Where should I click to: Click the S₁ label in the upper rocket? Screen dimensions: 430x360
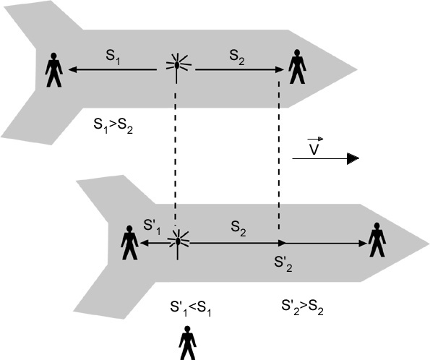(x=113, y=57)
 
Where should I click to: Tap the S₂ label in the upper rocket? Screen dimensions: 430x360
(x=237, y=57)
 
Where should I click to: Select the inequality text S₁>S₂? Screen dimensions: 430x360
(x=113, y=126)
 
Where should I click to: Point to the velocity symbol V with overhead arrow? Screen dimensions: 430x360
(x=314, y=146)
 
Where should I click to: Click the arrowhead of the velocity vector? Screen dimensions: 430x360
(x=353, y=158)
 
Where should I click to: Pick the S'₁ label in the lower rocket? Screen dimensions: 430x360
(x=152, y=227)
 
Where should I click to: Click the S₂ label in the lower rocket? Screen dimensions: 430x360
(x=238, y=229)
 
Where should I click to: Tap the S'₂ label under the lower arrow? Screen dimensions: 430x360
(x=283, y=265)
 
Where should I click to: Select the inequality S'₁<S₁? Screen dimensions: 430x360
(x=191, y=309)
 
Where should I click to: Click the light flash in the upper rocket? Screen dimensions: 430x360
(x=177, y=68)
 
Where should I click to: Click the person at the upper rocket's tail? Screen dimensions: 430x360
(x=53, y=70)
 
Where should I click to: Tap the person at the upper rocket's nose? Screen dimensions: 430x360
(x=297, y=67)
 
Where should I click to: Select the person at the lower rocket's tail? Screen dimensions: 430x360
(x=129, y=243)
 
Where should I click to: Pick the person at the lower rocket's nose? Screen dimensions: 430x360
(x=377, y=239)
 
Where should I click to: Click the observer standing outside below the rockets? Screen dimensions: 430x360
(x=188, y=343)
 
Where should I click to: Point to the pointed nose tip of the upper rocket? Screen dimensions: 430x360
(x=357, y=69)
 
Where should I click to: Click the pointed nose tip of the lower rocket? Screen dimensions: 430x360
(x=429, y=244)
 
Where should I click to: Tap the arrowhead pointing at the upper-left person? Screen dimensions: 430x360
(x=72, y=69)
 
